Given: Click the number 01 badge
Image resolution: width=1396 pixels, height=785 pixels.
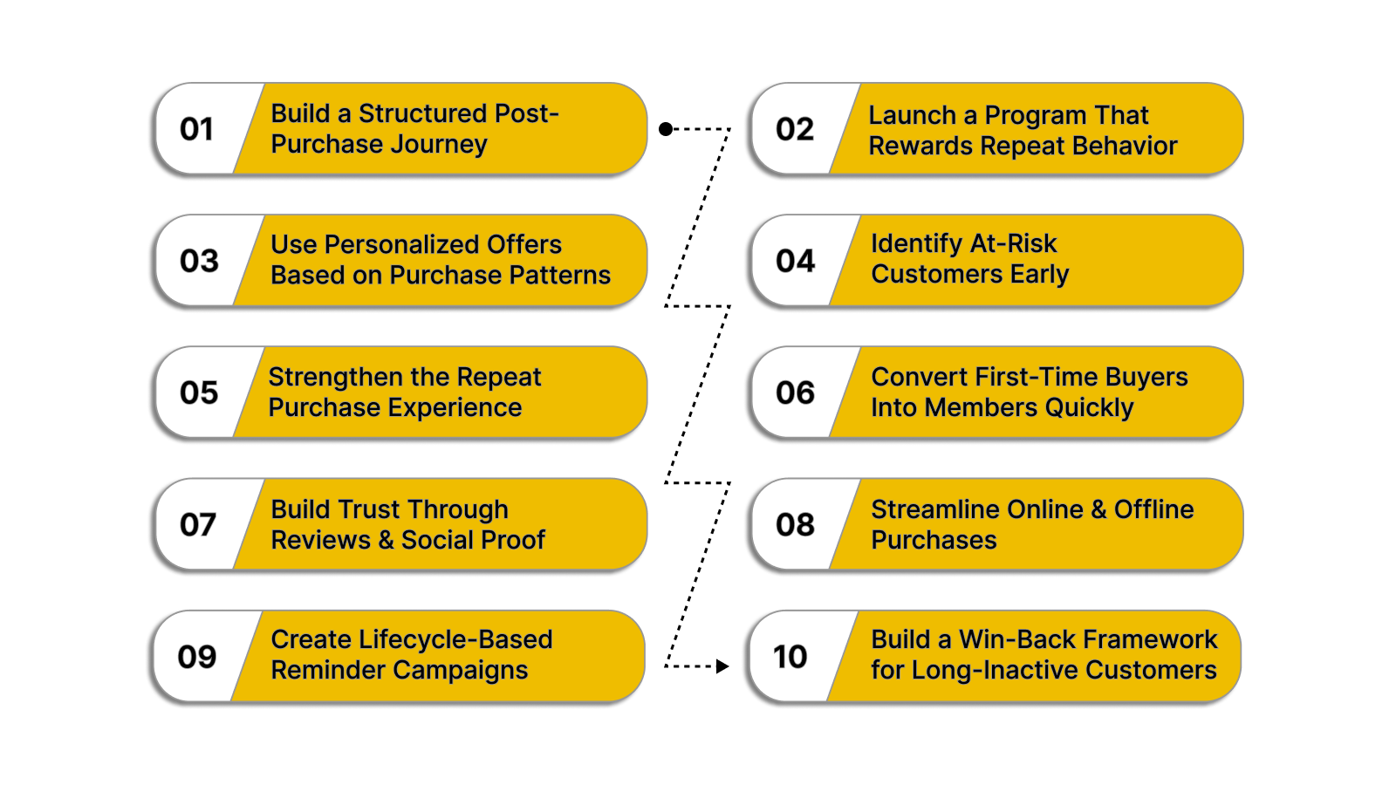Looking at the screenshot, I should [x=196, y=129].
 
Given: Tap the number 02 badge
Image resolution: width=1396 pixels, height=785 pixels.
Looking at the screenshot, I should [x=794, y=129].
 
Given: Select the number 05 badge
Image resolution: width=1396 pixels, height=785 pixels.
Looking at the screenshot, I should [x=198, y=392].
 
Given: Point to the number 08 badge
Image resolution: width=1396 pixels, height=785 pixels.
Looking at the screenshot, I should [x=794, y=524].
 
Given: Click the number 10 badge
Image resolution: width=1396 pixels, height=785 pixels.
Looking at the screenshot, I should [x=790, y=657].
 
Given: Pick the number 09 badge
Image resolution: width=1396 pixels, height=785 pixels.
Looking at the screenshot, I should [x=196, y=657].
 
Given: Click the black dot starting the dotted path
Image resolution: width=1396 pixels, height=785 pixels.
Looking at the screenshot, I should [x=666, y=129].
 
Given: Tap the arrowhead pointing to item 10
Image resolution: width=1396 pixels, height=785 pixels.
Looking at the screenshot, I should [x=722, y=666].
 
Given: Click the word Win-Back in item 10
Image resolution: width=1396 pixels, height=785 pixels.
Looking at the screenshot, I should [x=1016, y=639].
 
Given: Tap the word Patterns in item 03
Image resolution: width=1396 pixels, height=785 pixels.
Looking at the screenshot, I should [x=559, y=275].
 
